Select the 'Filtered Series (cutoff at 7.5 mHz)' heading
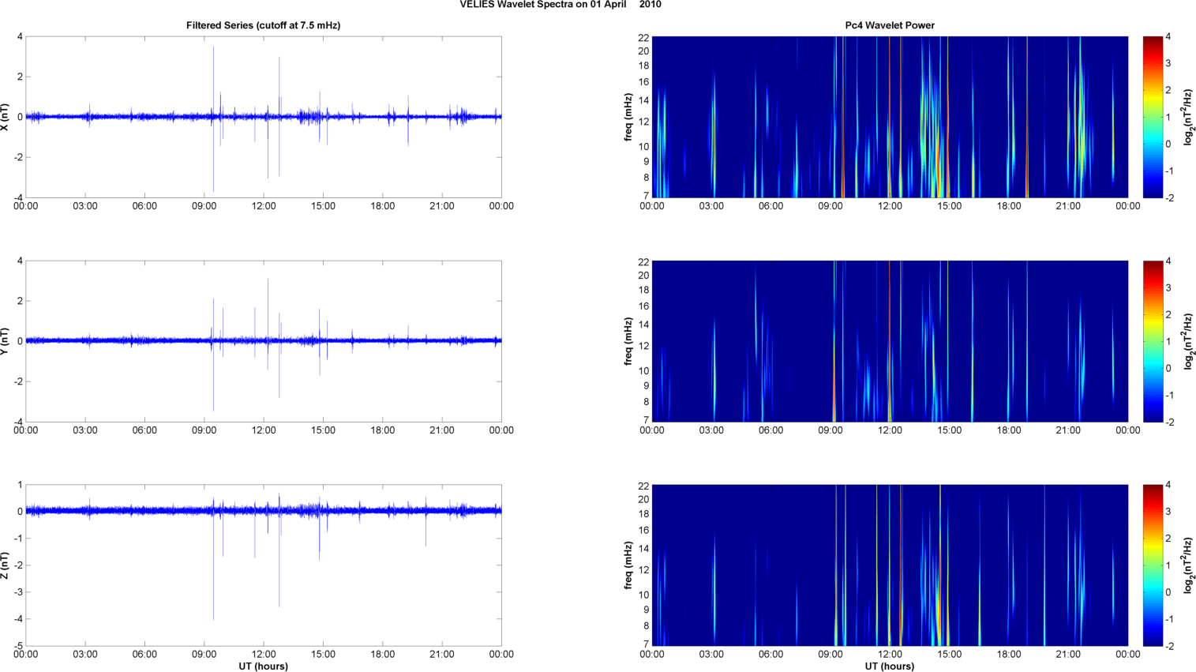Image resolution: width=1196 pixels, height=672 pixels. point(263,25)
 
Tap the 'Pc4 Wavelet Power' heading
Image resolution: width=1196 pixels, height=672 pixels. point(889,25)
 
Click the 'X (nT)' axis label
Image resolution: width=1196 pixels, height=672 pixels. point(6,117)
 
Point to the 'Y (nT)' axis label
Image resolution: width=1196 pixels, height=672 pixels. point(6,341)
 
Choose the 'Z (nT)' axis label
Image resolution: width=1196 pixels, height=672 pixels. point(6,565)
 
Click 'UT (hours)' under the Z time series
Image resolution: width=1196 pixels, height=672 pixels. point(263,666)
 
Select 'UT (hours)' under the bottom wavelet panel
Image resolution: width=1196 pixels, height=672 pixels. point(889,666)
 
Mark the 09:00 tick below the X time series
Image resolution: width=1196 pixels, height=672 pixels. point(204,206)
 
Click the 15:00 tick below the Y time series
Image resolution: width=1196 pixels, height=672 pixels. point(323,430)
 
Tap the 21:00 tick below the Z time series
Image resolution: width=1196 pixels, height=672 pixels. point(442,654)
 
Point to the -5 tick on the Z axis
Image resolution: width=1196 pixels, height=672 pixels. point(18,646)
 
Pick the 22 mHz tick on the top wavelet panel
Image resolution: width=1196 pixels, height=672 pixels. point(643,37)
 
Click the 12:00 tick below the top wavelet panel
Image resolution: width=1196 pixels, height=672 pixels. point(890,206)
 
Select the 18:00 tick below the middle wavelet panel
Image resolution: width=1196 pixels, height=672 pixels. point(1009,430)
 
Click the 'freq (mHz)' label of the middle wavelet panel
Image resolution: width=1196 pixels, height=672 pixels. point(628,341)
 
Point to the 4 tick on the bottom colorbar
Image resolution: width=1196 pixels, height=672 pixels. point(1168,485)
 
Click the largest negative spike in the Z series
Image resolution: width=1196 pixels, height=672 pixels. point(213,618)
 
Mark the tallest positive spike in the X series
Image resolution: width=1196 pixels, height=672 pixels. point(213,47)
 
